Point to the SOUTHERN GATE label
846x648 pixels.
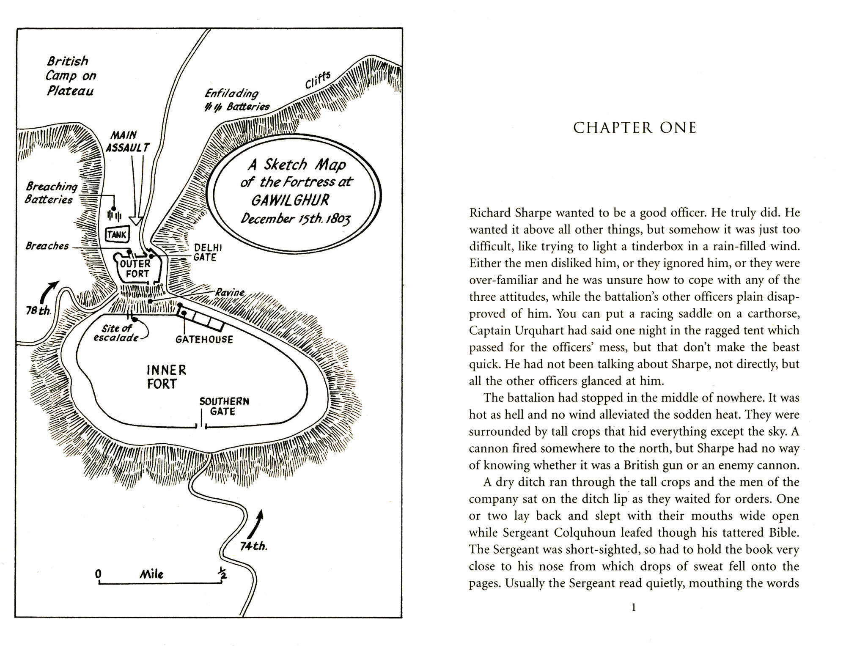coord(224,406)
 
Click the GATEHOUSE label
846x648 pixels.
coord(204,340)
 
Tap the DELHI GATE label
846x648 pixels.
coord(208,253)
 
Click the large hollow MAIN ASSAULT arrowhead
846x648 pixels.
coord(136,221)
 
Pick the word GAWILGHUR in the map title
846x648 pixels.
coord(290,200)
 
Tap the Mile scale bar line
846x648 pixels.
coord(160,584)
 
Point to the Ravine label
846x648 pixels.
coord(230,292)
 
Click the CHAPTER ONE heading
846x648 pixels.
coord(634,128)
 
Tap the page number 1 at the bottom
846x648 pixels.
coord(634,608)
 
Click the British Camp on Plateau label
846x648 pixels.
coord(70,76)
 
